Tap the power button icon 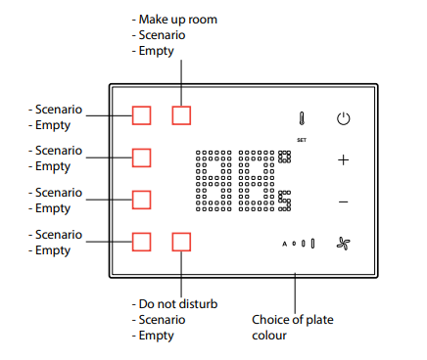coord(344,118)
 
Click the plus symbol coord(343,160)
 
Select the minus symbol coord(343,202)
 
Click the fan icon coord(344,244)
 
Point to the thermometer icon coord(302,118)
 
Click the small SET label coord(302,140)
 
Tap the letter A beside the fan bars coord(284,244)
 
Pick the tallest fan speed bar coord(312,244)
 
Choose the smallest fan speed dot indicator coord(294,244)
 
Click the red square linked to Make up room coord(181,115)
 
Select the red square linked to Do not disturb coord(181,242)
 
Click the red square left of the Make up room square coord(141,115)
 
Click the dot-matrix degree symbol coord(284,157)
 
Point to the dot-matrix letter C coord(284,201)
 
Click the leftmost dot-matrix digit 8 coord(213,181)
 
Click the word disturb coord(199,304)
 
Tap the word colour coord(269,336)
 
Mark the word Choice coord(271,320)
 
